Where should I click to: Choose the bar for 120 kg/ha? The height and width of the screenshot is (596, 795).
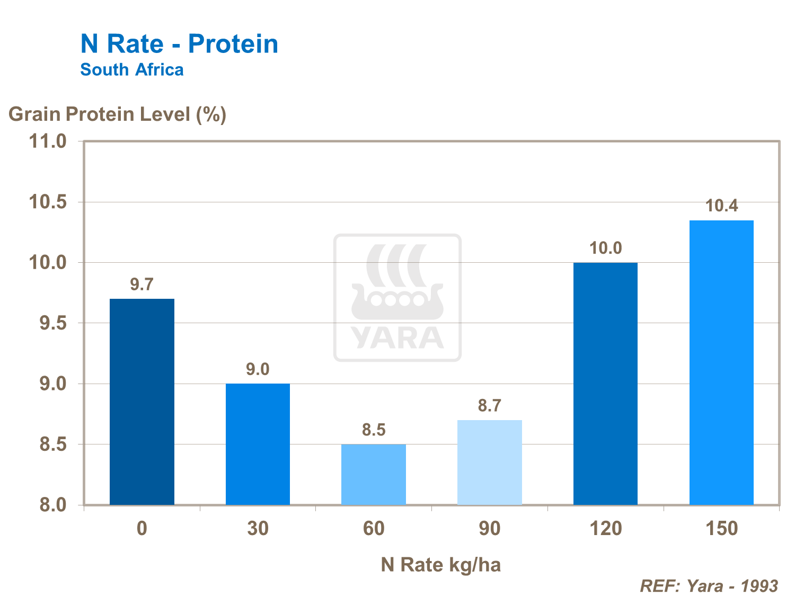pyautogui.click(x=605, y=384)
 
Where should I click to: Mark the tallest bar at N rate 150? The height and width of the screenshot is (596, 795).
pyautogui.click(x=721, y=362)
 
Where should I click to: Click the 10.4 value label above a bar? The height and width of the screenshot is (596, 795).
pyautogui.click(x=721, y=206)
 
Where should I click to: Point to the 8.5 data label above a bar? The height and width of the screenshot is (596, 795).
pyautogui.click(x=374, y=430)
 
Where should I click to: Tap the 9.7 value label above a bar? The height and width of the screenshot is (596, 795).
pyautogui.click(x=142, y=284)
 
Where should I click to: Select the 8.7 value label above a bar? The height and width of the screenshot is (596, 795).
pyautogui.click(x=490, y=406)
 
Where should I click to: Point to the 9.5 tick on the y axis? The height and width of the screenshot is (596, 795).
pyautogui.click(x=53, y=323)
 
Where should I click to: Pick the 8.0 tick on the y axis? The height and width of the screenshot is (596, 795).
pyautogui.click(x=53, y=505)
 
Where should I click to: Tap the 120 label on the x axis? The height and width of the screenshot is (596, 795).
pyautogui.click(x=605, y=528)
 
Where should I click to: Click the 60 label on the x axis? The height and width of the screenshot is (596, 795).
pyautogui.click(x=374, y=528)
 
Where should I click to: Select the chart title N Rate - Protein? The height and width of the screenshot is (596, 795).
pyautogui.click(x=179, y=43)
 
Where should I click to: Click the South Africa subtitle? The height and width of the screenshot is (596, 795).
pyautogui.click(x=132, y=69)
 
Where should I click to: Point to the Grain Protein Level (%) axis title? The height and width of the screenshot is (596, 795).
pyautogui.click(x=117, y=114)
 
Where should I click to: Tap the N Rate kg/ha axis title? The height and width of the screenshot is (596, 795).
pyautogui.click(x=440, y=565)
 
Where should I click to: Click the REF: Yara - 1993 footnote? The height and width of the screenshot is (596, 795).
pyautogui.click(x=709, y=585)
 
